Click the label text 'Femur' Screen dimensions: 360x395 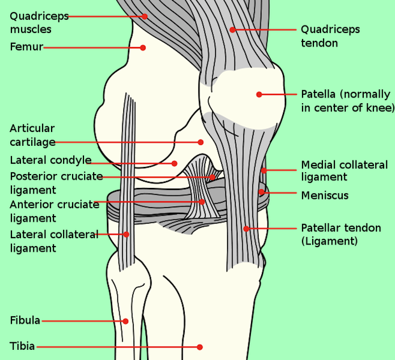click(x=26, y=47)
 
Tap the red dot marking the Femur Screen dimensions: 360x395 click(x=143, y=47)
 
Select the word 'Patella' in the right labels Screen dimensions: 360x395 click(x=319, y=94)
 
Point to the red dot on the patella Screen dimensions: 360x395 click(x=259, y=94)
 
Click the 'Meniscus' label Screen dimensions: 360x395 click(x=325, y=196)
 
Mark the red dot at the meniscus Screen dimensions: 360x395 click(x=261, y=191)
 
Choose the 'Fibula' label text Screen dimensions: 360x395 click(x=25, y=320)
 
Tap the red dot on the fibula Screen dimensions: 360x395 click(x=126, y=321)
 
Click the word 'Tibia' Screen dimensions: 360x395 click(x=22, y=347)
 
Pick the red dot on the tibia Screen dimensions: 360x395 click(x=199, y=347)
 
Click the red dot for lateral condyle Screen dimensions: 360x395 click(x=174, y=163)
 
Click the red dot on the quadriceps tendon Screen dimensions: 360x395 click(x=233, y=29)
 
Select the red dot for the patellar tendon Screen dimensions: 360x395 click(x=247, y=228)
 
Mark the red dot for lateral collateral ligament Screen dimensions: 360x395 click(x=126, y=234)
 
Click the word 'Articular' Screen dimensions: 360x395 click(x=32, y=129)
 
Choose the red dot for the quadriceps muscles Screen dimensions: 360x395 click(x=145, y=16)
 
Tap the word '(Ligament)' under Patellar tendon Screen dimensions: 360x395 click(x=329, y=241)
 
